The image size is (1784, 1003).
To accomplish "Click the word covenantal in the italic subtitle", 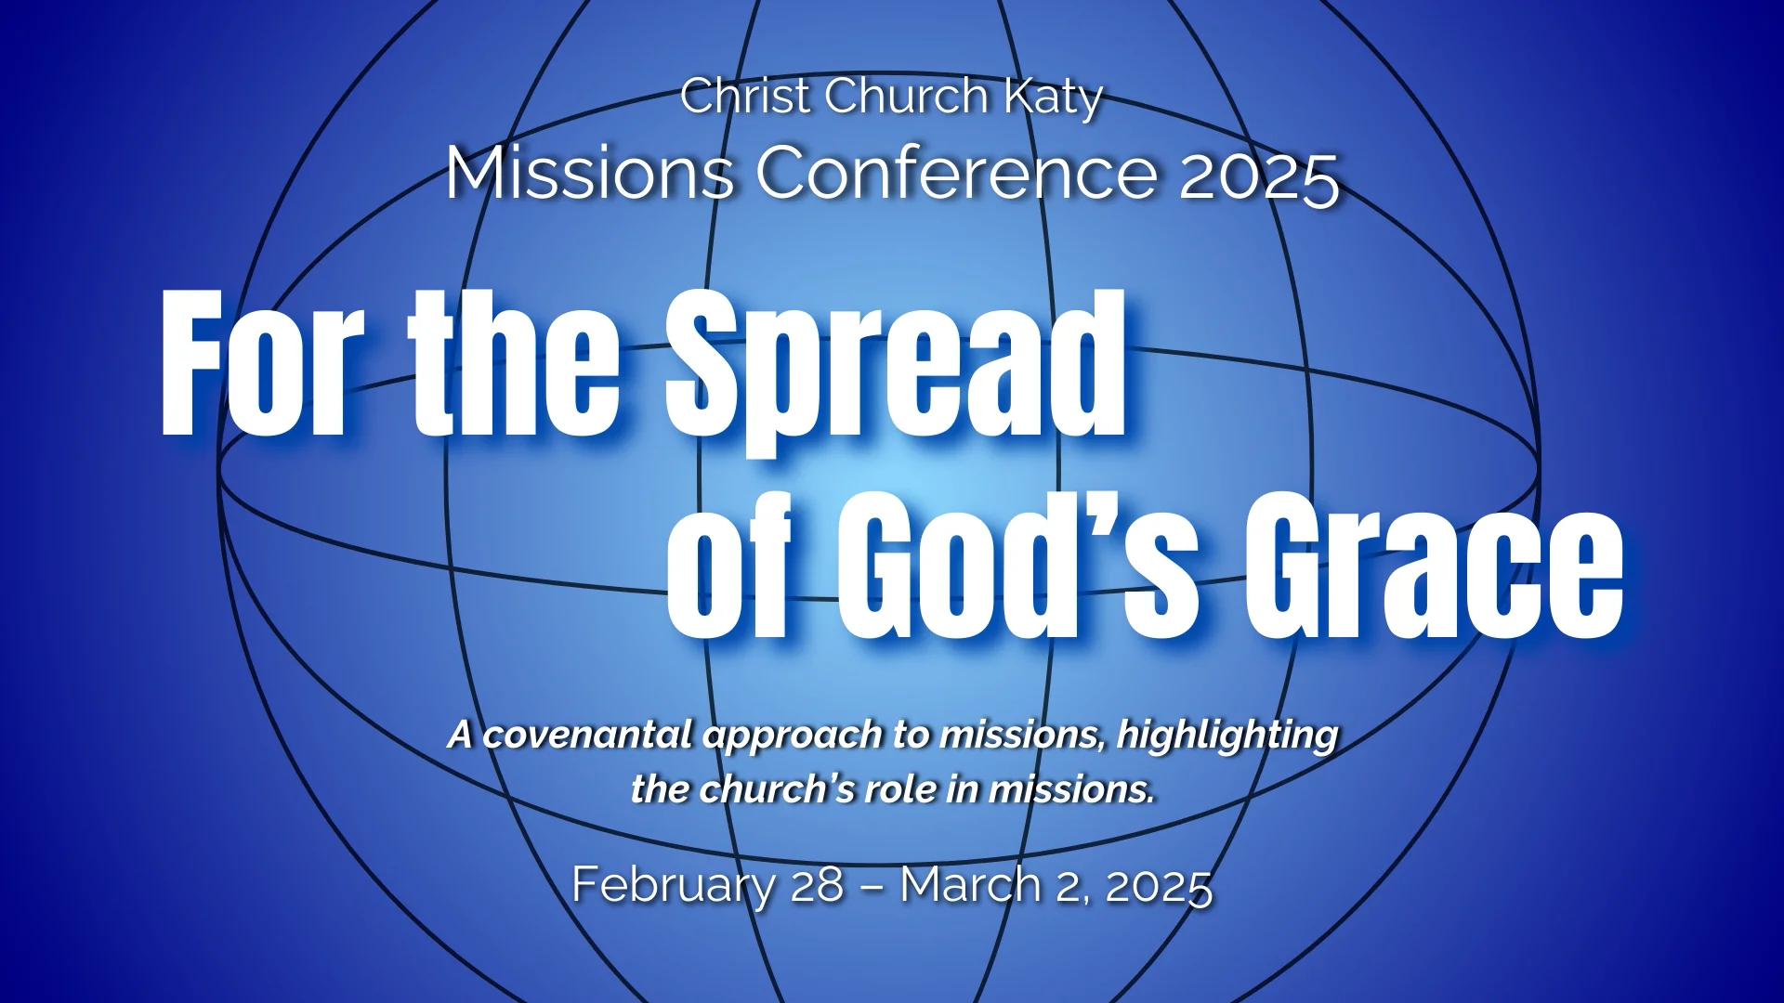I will point(589,735).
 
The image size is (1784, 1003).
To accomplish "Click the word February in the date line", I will point(673,884).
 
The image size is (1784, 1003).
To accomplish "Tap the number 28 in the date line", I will point(817,884).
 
